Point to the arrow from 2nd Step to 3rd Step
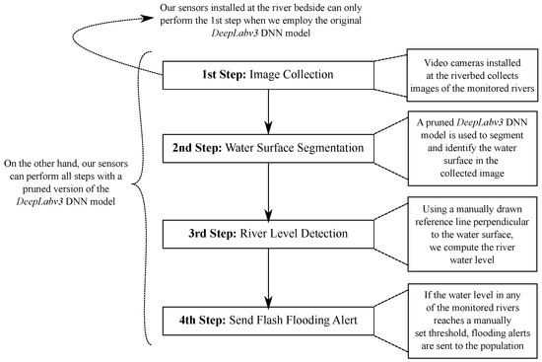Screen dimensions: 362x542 (266, 193)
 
